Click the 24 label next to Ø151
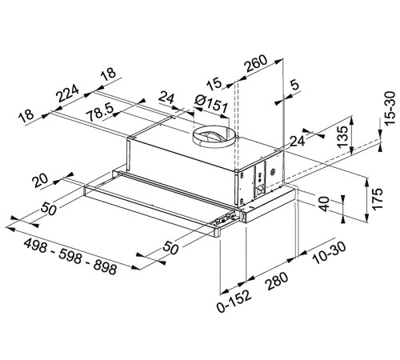[x=167, y=99]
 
